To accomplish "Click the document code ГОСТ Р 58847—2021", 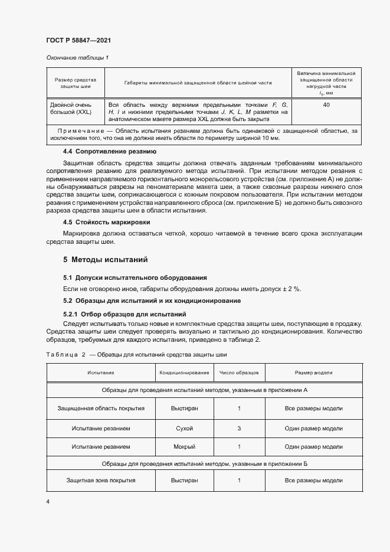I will point(78,41).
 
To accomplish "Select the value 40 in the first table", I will point(326,105).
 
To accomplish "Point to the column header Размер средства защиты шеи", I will point(75,83).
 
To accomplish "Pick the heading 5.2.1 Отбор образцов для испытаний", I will point(124,314).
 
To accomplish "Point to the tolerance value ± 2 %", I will point(291,289).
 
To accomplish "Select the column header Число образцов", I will point(239,373).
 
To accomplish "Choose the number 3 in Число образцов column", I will point(239,428).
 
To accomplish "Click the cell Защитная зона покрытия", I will point(101,481).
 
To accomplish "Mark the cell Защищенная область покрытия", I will point(101,408).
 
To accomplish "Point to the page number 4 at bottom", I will point(48,501).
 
